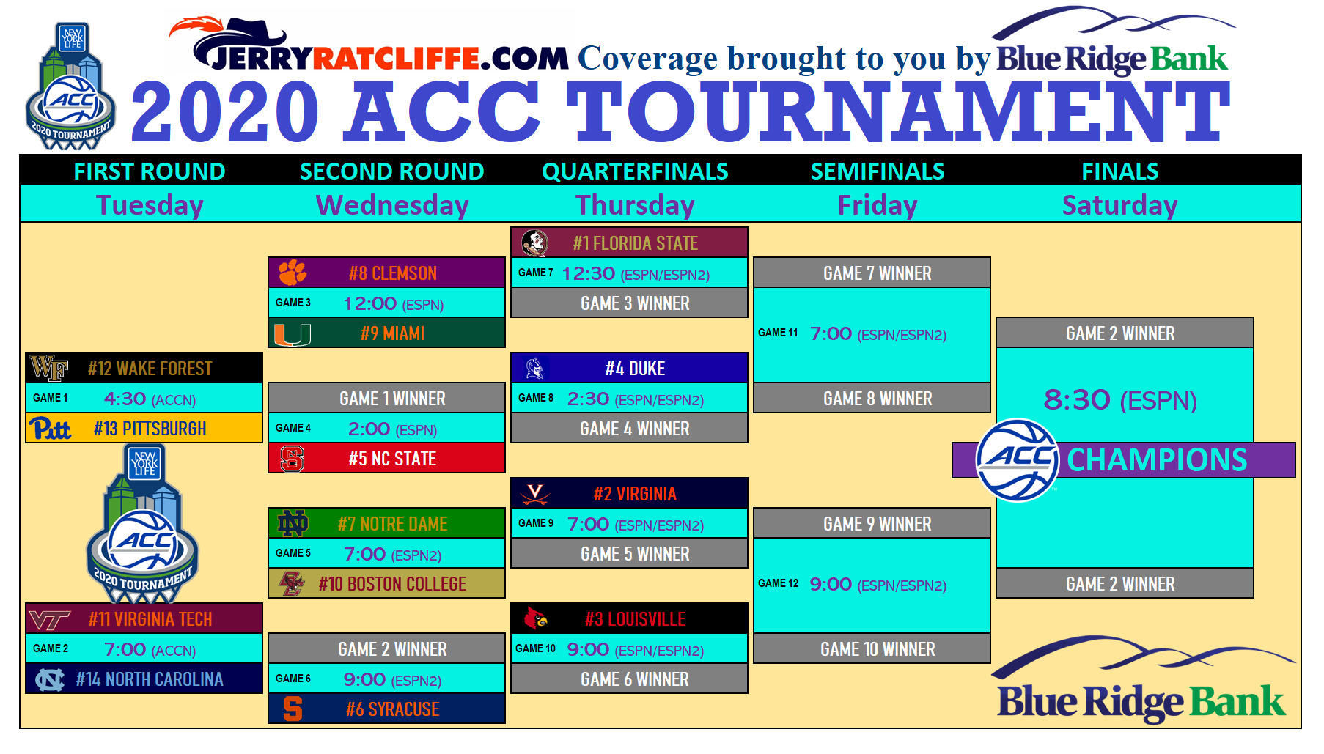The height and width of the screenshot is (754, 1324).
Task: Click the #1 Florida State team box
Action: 629,243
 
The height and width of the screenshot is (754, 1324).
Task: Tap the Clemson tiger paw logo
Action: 292,273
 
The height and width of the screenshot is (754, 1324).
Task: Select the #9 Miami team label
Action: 392,333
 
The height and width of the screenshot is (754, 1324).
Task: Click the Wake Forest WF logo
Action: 48,368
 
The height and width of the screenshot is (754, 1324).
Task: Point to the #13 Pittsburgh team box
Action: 144,428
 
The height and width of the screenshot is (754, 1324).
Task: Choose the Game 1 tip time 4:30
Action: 125,399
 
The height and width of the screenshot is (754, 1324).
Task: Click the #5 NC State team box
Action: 386,458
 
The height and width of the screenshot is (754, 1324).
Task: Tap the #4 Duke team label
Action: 635,369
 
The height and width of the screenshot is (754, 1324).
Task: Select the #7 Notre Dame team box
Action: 386,523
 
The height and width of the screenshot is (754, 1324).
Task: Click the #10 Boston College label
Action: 392,584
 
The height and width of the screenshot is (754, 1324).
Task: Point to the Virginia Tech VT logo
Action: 49,620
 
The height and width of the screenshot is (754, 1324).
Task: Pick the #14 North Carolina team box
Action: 144,679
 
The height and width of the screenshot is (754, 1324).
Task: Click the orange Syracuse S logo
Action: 293,709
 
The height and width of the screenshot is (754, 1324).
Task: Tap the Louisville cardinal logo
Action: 536,618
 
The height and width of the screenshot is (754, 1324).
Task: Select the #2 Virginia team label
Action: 635,494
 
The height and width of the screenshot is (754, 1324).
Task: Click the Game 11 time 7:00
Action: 831,334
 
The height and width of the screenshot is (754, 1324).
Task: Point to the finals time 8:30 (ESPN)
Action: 1120,400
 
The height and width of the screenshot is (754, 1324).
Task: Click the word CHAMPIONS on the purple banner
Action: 1157,460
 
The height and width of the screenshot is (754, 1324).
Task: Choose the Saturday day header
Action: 1119,205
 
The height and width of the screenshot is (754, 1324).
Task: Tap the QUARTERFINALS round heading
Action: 635,171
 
